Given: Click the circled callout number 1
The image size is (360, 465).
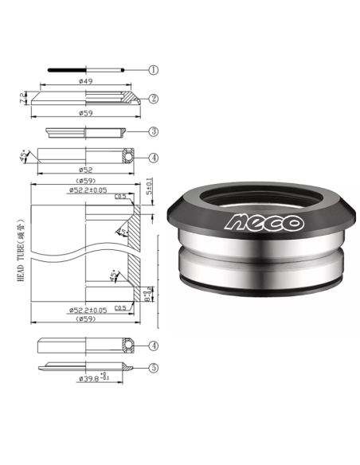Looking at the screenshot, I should point(153,70).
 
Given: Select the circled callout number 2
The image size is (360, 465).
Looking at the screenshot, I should point(153,100).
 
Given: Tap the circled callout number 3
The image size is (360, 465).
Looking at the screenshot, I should point(153,131).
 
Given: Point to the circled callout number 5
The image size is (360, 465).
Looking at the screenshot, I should point(153,368).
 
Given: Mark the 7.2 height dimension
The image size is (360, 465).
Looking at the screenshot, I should point(22,99).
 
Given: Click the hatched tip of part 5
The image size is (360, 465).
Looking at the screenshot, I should point(127,368).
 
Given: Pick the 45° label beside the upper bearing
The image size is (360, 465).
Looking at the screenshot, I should point(25,153).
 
